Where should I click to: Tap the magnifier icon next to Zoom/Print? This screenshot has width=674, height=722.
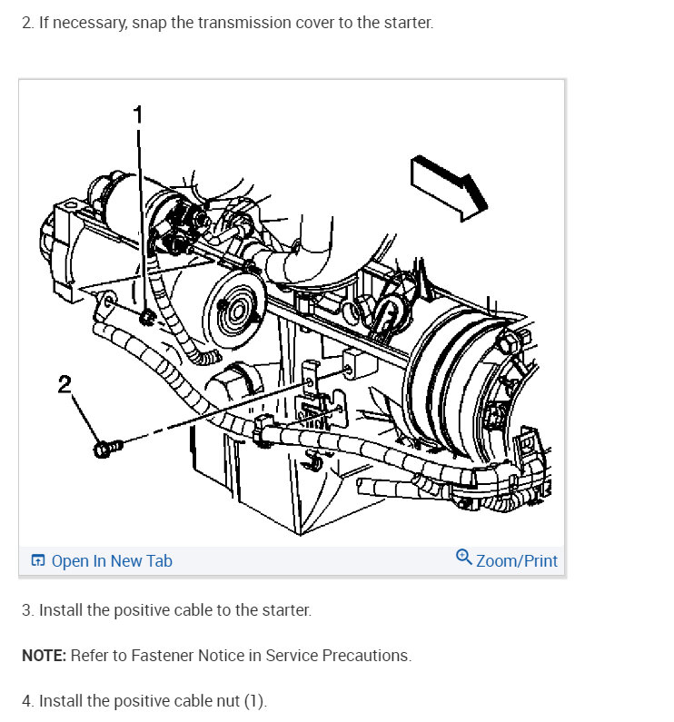pyautogui.click(x=464, y=557)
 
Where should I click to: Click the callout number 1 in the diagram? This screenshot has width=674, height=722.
pyautogui.click(x=138, y=114)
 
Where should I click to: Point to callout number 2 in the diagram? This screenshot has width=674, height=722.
pyautogui.click(x=64, y=383)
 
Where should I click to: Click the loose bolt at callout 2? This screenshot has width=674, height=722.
pyautogui.click(x=108, y=448)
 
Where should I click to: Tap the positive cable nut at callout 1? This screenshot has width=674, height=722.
pyautogui.click(x=147, y=317)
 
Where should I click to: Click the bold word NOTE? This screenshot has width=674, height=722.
pyautogui.click(x=45, y=655)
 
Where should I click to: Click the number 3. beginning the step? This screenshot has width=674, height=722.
pyautogui.click(x=27, y=609)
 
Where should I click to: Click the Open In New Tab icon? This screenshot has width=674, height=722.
pyautogui.click(x=38, y=560)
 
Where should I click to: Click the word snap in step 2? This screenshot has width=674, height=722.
pyautogui.click(x=149, y=23)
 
